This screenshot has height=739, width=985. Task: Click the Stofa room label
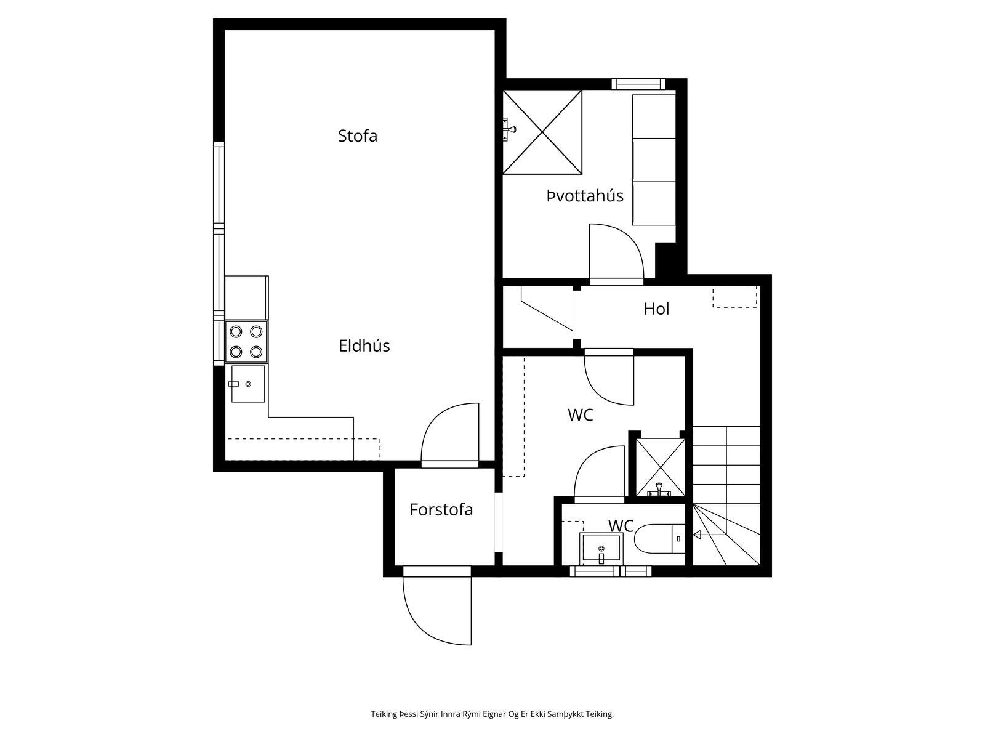pyautogui.click(x=357, y=136)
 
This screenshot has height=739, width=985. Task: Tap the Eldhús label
pyautogui.click(x=364, y=346)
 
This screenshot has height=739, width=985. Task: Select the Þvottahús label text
pyautogui.click(x=585, y=196)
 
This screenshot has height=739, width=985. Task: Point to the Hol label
pyautogui.click(x=656, y=309)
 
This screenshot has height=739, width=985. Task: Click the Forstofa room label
pyautogui.click(x=441, y=510)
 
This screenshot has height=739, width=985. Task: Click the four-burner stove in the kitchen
pyautogui.click(x=246, y=341)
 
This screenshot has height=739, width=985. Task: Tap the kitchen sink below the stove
pyautogui.click(x=247, y=384)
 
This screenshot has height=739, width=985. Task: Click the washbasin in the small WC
pyautogui.click(x=601, y=549)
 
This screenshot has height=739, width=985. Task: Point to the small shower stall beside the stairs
pyautogui.click(x=661, y=467)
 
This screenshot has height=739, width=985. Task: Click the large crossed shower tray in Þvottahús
pyautogui.click(x=542, y=132)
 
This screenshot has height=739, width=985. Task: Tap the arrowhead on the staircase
pyautogui.click(x=697, y=535)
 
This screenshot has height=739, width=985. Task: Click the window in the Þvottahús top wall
pyautogui.click(x=638, y=84)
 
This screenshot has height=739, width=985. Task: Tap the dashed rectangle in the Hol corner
pyautogui.click(x=734, y=297)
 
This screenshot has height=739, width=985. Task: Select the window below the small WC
pyautogui.click(x=611, y=571)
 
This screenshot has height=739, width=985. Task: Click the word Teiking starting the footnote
pyautogui.click(x=384, y=714)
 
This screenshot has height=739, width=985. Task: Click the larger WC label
pyautogui.click(x=581, y=415)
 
